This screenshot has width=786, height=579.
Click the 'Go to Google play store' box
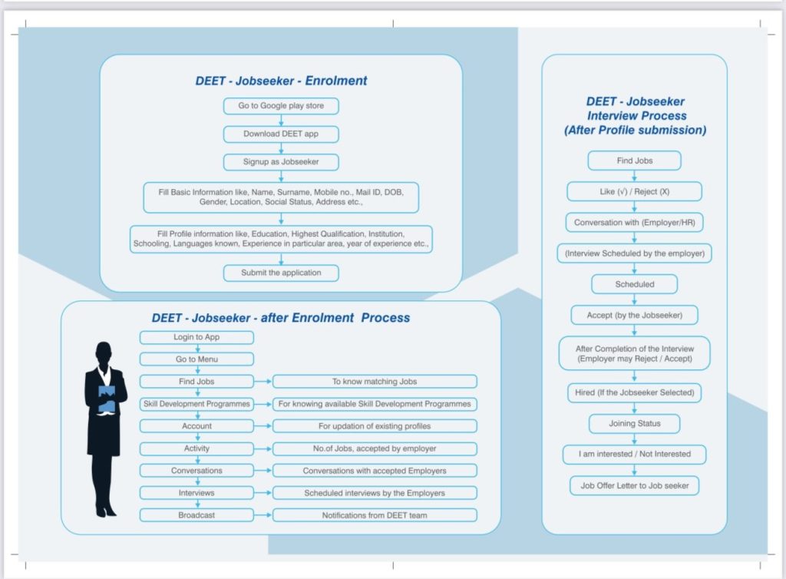pyautogui.click(x=281, y=106)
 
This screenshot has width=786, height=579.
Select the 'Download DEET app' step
pyautogui.click(x=281, y=134)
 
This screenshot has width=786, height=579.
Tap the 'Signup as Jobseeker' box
pyautogui.click(x=281, y=162)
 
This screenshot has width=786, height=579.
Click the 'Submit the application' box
pyautogui.click(x=281, y=273)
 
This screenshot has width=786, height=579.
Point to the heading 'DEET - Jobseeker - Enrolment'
pyautogui.click(x=281, y=81)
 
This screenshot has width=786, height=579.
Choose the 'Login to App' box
pyautogui.click(x=196, y=337)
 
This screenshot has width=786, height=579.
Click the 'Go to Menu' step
pyautogui.click(x=196, y=359)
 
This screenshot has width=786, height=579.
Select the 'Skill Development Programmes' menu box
pyautogui.click(x=196, y=404)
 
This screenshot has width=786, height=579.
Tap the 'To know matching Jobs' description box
pyautogui.click(x=375, y=382)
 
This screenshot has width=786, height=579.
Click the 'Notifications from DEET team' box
pyautogui.click(x=375, y=515)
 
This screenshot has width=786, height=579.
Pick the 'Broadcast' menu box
pyautogui.click(x=196, y=515)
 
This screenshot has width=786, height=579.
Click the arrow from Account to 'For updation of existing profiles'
pyautogui.click(x=263, y=426)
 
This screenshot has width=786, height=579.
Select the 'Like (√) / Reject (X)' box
pyautogui.click(x=634, y=191)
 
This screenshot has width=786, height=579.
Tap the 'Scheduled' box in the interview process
pyautogui.click(x=635, y=284)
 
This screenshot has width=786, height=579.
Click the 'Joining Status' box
pyautogui.click(x=635, y=423)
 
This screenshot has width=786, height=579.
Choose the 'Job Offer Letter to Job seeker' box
pyautogui.click(x=635, y=486)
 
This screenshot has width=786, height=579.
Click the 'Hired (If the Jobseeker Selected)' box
pyautogui.click(x=635, y=392)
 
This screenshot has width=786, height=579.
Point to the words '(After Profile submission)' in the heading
pyautogui.click(x=635, y=131)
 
